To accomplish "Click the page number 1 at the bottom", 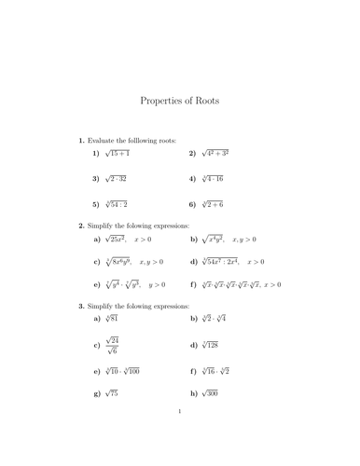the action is pos(179,435).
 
